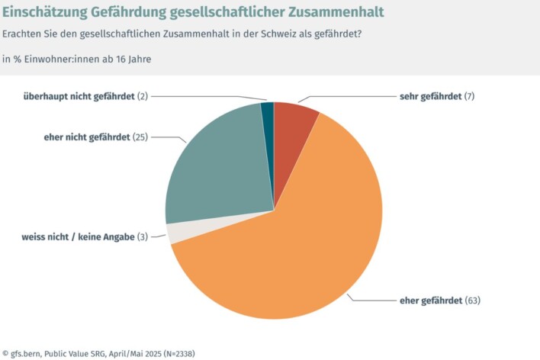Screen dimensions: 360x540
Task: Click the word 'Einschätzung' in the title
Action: [x=47, y=13]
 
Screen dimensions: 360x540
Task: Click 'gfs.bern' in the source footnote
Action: [x=29, y=353]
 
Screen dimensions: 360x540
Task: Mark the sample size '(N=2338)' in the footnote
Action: [x=189, y=353]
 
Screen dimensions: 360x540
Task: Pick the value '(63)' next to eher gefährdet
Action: [x=472, y=301]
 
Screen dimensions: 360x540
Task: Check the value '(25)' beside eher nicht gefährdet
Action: [x=140, y=137]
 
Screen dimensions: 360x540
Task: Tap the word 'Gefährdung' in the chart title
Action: [x=132, y=13]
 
